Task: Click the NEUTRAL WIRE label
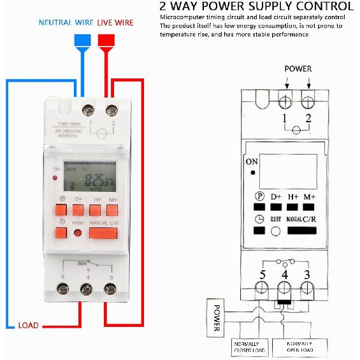(x=66, y=22)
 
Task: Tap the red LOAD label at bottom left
(x=28, y=325)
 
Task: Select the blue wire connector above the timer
(x=82, y=40)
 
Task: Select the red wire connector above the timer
(x=107, y=40)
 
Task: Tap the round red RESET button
(x=78, y=233)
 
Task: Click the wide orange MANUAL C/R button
(x=103, y=233)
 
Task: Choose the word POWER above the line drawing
(x=298, y=68)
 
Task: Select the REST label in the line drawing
(x=276, y=219)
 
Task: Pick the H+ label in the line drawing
(x=293, y=197)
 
